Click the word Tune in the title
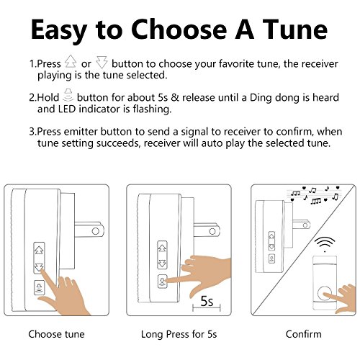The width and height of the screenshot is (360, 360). coord(294,30)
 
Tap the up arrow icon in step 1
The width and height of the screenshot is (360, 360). coord(71,61)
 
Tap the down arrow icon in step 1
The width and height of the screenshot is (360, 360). coord(102,63)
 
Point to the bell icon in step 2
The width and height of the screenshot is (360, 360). coord(68,95)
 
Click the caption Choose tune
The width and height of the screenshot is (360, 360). coord(56,334)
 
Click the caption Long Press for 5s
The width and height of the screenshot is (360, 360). coord(179,334)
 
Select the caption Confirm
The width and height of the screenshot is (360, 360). coord(304,334)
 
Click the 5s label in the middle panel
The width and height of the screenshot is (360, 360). coord(207,301)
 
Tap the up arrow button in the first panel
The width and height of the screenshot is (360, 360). coord(39,250)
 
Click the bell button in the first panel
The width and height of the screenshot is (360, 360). coord(39,287)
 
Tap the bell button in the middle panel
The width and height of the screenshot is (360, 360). coord(162,281)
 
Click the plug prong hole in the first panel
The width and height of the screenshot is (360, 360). coord(96,231)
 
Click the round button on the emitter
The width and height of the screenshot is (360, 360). coord(325,294)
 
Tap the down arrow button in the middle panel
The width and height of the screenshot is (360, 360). coord(162,264)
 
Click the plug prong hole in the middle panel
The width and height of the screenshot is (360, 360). coord(212,231)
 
